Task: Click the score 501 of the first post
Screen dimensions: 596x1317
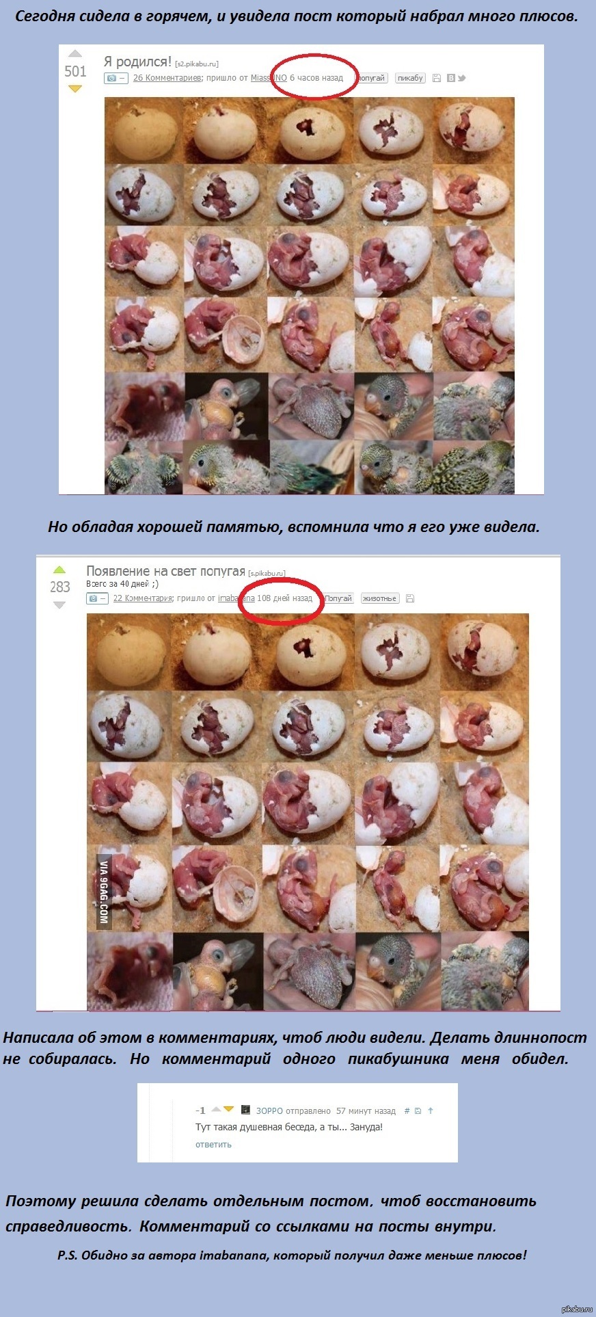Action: (x=75, y=71)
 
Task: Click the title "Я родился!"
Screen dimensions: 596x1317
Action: (x=137, y=62)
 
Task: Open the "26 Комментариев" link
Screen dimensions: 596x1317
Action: (x=167, y=78)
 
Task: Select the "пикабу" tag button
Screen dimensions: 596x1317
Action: (x=410, y=78)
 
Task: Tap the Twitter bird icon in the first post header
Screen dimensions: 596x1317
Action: (x=462, y=78)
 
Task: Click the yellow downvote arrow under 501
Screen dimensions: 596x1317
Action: (x=75, y=89)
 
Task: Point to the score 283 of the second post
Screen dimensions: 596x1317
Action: (x=60, y=587)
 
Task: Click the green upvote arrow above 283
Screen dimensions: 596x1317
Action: (x=59, y=570)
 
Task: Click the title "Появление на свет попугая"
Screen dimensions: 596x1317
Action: (x=165, y=571)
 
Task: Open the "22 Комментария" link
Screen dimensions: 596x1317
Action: (x=142, y=598)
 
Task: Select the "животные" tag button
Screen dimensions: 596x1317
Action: (x=379, y=598)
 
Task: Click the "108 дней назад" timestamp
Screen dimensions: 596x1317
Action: (x=284, y=598)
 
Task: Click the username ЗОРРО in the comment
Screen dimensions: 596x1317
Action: (x=269, y=1110)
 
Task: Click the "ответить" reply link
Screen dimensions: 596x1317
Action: (x=213, y=1144)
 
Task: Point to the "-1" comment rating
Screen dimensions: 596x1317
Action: (x=200, y=1110)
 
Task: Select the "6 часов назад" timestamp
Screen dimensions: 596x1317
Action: (x=316, y=78)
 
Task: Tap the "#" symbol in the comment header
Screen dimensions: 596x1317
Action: (x=407, y=1110)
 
